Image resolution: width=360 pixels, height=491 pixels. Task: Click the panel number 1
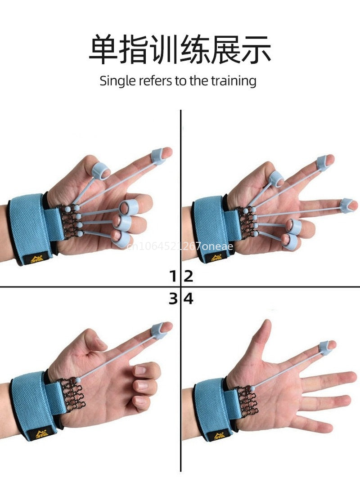coord(173,276)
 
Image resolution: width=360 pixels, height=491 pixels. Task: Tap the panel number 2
coord(189,276)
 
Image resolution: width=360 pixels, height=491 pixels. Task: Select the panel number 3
coord(173,298)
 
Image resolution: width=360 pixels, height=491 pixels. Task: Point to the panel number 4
coord(189,298)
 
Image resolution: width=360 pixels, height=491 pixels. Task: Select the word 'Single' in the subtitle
coord(116,81)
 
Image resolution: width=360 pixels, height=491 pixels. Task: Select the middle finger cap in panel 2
coord(347,205)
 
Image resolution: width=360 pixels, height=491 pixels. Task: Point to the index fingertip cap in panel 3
coord(160,330)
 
